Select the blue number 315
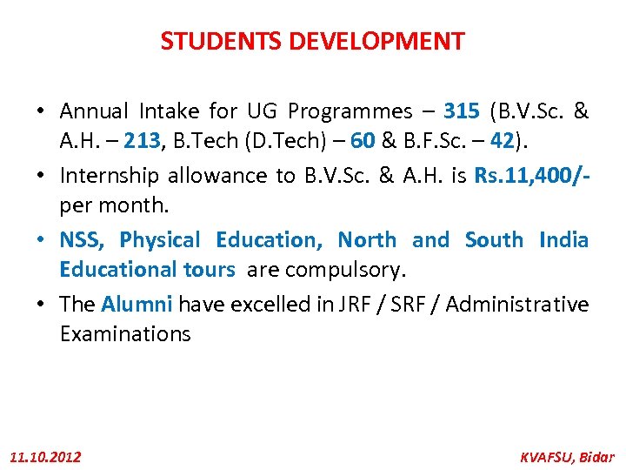pyautogui.click(x=461, y=111)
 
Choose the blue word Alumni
pyautogui.click(x=137, y=304)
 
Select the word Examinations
pyautogui.click(x=125, y=334)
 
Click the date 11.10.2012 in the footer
pyautogui.click(x=45, y=456)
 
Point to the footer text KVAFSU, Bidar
pyautogui.click(x=566, y=456)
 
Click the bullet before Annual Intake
pyautogui.click(x=41, y=112)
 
